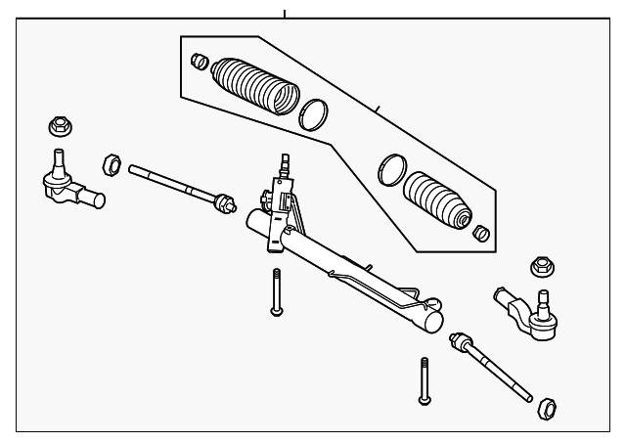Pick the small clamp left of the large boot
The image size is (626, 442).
pyautogui.click(x=199, y=62)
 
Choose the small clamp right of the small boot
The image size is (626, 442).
pyautogui.click(x=480, y=235)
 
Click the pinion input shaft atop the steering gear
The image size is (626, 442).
pyautogui.click(x=285, y=163)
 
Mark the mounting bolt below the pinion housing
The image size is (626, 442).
pyautogui.click(x=277, y=293)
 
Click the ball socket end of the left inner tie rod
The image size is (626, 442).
pyautogui.click(x=226, y=204)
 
